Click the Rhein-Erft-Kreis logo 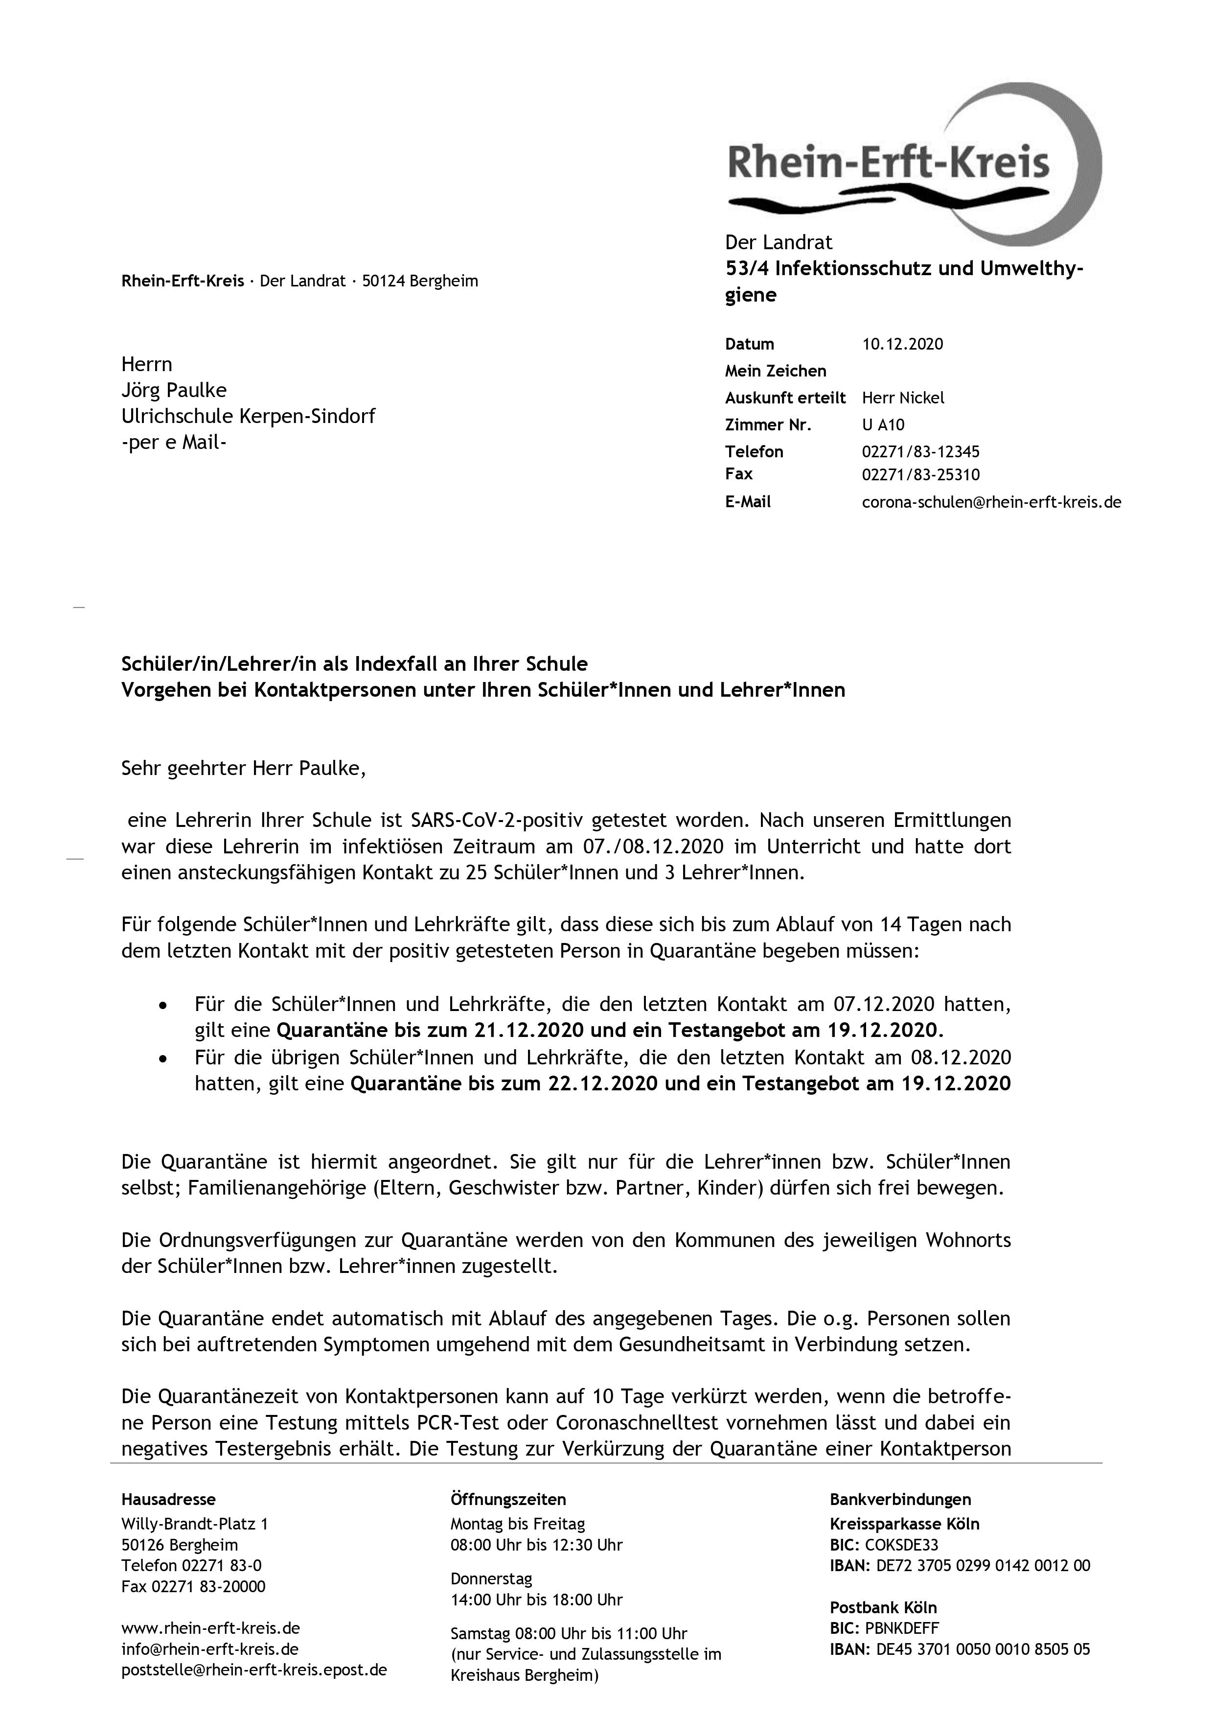click(x=913, y=165)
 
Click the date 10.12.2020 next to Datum click(x=902, y=344)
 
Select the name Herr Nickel click(x=903, y=398)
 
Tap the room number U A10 click(x=883, y=425)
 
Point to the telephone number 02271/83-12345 click(x=920, y=452)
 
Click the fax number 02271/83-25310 click(x=920, y=474)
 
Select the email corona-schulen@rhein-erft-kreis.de click(x=991, y=502)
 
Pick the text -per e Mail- click(x=174, y=442)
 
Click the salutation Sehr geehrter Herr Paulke click(x=243, y=769)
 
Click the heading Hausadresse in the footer click(x=168, y=1500)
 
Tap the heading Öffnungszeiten click(x=508, y=1500)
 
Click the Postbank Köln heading click(x=883, y=1608)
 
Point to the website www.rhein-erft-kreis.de click(x=211, y=1628)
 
